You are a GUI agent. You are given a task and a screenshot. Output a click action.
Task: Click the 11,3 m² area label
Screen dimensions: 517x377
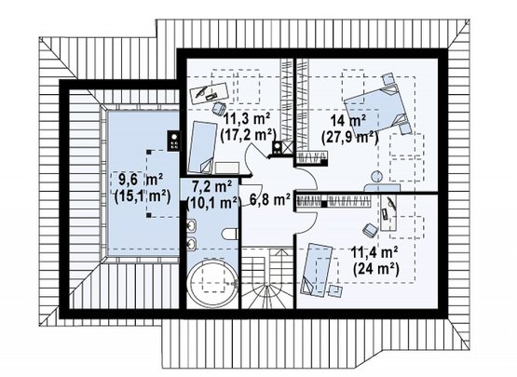point(247,118)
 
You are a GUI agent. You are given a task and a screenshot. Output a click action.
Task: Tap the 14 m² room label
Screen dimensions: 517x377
point(349,121)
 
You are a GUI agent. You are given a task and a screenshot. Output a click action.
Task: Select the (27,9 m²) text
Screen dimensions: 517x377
point(349,137)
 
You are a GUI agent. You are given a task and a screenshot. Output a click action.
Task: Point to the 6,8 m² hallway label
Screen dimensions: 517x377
point(270,200)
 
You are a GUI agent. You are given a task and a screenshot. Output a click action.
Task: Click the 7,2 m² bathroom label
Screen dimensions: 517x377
point(211,187)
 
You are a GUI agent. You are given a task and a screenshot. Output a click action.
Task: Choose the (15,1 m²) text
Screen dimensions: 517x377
point(143,196)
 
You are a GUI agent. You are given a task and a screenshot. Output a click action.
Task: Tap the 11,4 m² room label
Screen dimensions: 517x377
point(374,253)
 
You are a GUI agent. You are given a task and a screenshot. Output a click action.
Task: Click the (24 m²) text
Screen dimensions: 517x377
point(376,269)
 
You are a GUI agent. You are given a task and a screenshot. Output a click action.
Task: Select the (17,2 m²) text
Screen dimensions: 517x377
point(247,135)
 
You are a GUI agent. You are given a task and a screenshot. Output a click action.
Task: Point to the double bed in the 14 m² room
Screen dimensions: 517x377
point(376,106)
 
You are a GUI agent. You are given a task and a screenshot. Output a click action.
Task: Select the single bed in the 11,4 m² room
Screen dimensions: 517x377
point(316,270)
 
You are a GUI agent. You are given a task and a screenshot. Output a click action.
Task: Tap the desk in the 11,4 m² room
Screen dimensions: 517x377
point(388,212)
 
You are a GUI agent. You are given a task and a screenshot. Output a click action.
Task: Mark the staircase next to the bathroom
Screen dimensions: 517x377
point(267,278)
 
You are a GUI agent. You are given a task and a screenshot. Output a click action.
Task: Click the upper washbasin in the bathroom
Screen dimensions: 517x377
point(192,226)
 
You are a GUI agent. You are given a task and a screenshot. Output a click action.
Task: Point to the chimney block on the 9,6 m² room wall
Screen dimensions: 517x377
point(174,141)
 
